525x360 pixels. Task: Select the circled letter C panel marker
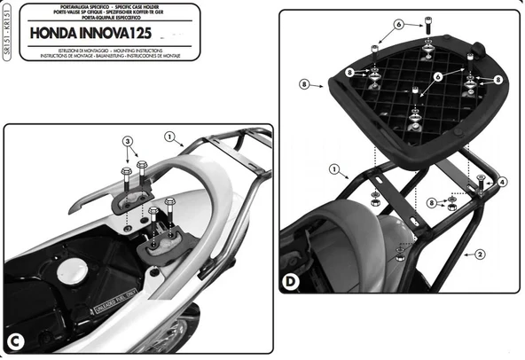(16, 342)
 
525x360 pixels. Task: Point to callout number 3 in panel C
(127, 142)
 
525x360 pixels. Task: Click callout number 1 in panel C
(168, 136)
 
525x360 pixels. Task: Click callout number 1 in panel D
(333, 168)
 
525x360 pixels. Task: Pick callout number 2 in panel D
(480, 254)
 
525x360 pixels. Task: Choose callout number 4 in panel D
(503, 182)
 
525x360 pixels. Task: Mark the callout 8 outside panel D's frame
(303, 85)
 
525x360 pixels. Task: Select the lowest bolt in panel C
(154, 213)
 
